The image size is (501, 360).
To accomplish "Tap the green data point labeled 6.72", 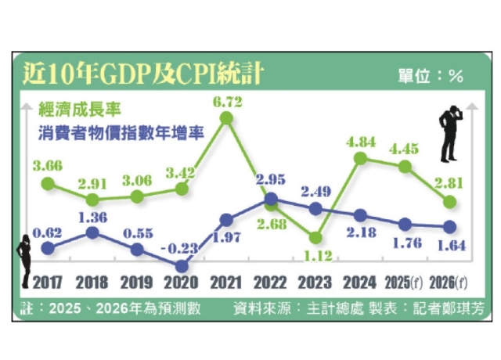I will pos(227,117).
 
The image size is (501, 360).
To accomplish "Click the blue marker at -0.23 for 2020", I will pos(182,266).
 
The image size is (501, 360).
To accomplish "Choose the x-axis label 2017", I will pos(48,283).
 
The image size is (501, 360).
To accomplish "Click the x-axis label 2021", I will pos(227,283).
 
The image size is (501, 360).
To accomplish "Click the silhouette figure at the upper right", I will pos(451,135).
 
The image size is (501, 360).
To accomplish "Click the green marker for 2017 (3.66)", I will pos(48,184).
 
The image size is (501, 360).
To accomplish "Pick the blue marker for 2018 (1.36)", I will pos(92,232).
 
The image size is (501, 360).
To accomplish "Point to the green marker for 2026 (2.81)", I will pos(449,202).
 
